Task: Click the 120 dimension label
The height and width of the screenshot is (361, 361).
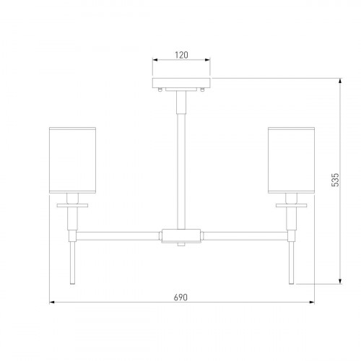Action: point(181,55)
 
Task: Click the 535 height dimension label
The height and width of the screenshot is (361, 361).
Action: point(335,180)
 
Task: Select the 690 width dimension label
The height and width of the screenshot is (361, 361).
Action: point(180,297)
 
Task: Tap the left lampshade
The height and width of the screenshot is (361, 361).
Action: point(72,160)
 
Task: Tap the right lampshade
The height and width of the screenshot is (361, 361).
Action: point(291,160)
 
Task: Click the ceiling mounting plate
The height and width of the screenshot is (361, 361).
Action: point(181,83)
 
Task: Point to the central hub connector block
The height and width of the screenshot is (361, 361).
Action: point(181,236)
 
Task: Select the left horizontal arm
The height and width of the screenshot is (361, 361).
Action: point(118,236)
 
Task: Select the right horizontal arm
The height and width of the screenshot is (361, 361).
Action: point(245,236)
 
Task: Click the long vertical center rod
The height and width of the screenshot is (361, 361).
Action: point(181,171)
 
